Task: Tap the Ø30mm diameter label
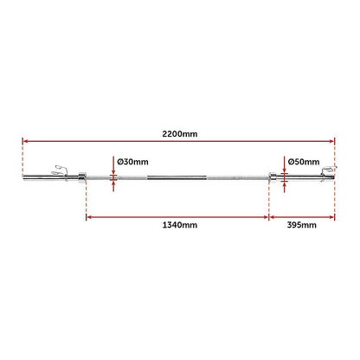click(132, 161)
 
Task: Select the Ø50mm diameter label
click(304, 161)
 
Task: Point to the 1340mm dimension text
click(179, 225)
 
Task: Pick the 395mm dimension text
click(301, 225)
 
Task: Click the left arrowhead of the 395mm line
click(273, 217)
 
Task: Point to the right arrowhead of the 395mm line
click(331, 217)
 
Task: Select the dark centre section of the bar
click(178, 179)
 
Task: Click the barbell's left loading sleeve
click(48, 180)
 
